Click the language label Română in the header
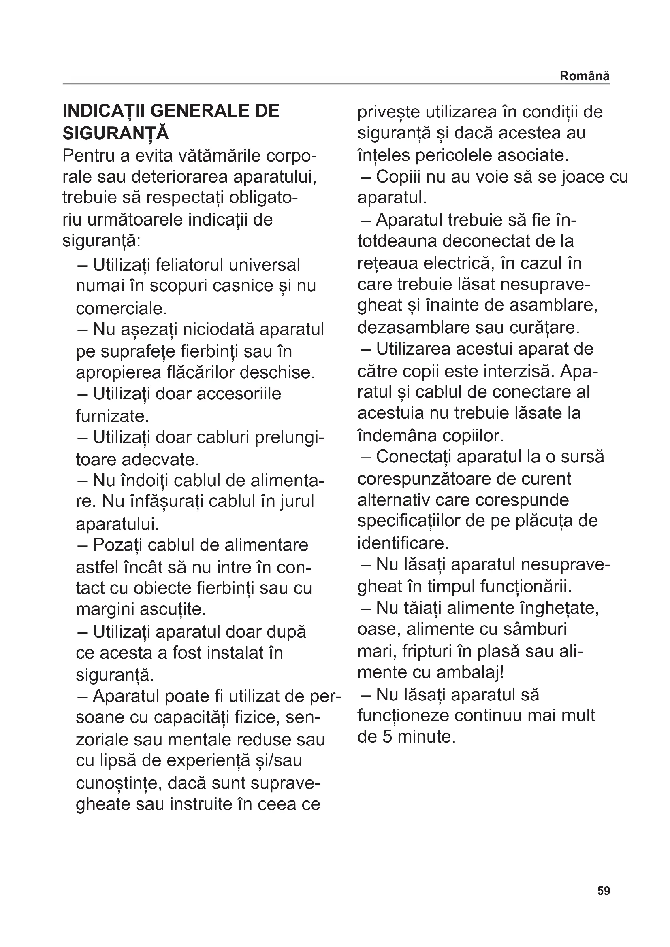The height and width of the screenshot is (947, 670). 584,76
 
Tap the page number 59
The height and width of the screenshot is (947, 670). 604,891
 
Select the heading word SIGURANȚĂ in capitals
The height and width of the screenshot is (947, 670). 116,133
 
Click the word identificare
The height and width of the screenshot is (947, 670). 403,543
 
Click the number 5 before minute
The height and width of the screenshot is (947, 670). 387,736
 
